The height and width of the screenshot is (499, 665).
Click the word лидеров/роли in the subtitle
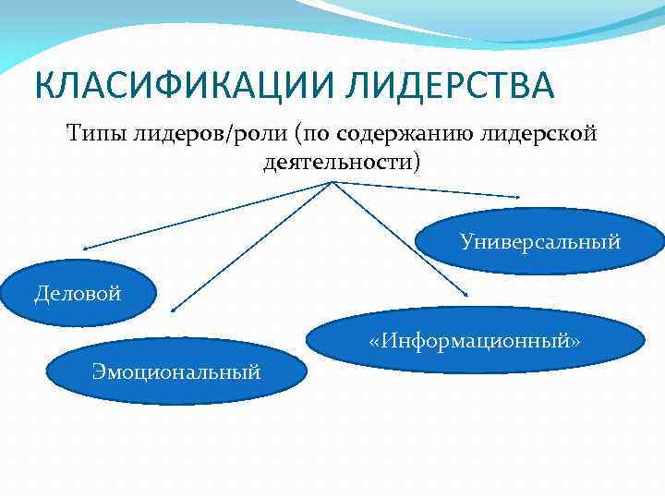coord(206,135)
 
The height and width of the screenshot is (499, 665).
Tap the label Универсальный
coord(540,242)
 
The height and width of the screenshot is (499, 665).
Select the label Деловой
coord(78,295)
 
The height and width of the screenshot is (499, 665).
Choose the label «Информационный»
coord(474,341)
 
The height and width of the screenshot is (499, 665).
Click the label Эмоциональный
coord(175,371)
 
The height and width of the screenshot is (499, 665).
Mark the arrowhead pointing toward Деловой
coord(83,249)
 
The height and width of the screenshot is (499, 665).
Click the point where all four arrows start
coord(332,181)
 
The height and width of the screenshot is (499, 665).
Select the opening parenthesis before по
coord(300,135)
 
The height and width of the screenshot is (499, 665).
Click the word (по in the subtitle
coord(314,135)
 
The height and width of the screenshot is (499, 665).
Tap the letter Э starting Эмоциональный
coord(98,371)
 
